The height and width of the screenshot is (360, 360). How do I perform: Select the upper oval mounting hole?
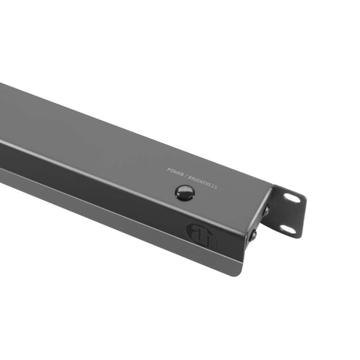(293, 198)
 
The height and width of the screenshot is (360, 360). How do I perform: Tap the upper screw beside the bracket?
(265, 210)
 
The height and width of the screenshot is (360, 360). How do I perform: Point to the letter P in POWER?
(168, 170)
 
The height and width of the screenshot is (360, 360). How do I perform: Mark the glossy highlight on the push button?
(183, 190)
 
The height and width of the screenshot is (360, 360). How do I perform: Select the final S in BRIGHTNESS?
(216, 187)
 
